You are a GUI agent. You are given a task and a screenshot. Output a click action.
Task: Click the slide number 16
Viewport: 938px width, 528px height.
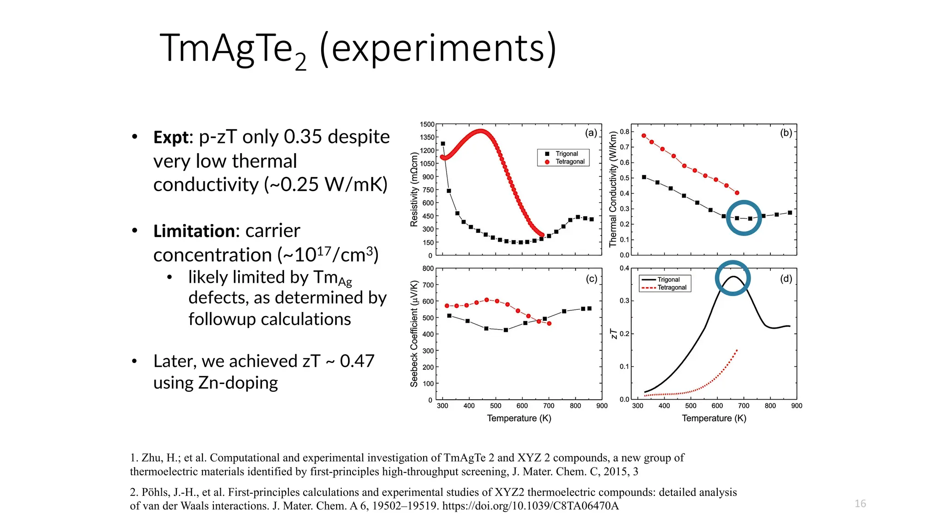860,504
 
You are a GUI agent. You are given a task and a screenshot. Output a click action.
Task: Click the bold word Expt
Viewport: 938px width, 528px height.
170,137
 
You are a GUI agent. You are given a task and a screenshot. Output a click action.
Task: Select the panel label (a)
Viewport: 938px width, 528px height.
591,133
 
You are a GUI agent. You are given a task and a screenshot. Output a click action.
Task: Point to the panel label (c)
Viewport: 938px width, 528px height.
591,279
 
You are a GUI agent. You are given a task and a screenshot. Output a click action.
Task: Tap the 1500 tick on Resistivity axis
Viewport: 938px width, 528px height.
427,125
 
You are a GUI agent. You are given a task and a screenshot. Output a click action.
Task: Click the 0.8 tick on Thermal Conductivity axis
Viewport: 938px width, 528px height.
624,132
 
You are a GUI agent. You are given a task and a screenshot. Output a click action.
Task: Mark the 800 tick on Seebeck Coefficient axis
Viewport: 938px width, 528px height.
428,269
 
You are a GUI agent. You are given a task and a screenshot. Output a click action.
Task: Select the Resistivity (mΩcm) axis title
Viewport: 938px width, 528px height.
414,189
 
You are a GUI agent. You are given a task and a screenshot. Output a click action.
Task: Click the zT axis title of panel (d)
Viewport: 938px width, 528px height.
614,334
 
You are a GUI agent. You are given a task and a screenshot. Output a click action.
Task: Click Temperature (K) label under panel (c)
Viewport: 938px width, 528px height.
519,418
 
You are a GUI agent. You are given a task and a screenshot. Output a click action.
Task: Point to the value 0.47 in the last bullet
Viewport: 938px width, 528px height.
357,361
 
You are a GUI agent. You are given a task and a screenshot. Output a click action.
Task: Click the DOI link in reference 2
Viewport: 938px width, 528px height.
530,506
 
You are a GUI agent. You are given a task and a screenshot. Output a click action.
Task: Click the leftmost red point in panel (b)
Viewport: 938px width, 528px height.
644,136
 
